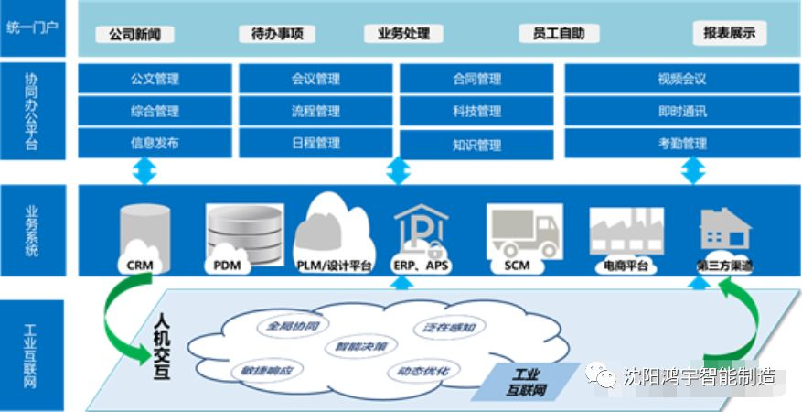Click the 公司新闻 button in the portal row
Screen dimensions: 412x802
(134, 35)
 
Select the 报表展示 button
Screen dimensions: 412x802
(729, 34)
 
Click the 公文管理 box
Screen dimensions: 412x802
(155, 79)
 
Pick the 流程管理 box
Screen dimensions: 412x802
(315, 112)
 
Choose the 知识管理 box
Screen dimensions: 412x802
(476, 145)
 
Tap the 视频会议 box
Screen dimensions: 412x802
(681, 79)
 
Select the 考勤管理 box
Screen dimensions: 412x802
(681, 144)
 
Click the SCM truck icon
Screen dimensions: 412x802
(523, 233)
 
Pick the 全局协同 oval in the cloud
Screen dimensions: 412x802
(285, 325)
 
